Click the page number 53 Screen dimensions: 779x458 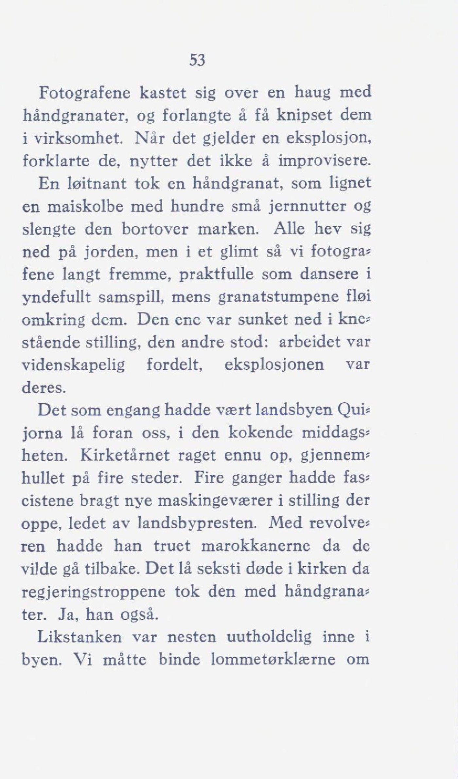[x=197, y=61]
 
